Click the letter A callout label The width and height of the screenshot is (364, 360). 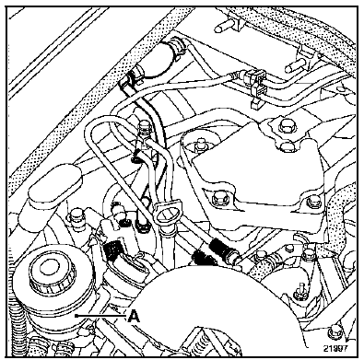pos(134,316)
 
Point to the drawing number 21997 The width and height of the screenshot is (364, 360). pos(335,348)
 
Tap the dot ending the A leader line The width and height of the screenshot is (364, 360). pos(76,316)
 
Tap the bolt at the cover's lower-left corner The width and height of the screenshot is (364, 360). pos(219,200)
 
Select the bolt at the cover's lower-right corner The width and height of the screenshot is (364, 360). pos(313,202)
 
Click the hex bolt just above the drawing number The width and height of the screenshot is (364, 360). pos(333,332)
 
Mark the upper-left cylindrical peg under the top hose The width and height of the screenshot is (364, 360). pos(228,24)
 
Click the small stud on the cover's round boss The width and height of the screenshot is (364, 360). pos(201,145)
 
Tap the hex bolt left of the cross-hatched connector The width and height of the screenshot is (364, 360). pos(76,218)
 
